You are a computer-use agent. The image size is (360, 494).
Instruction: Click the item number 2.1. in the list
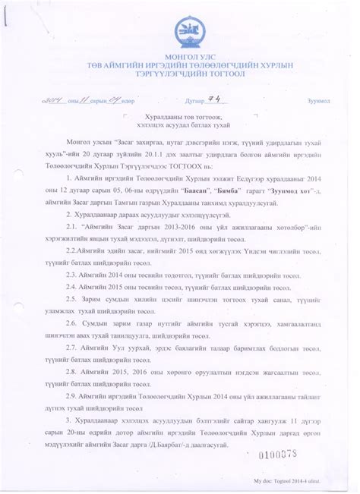tap(72, 226)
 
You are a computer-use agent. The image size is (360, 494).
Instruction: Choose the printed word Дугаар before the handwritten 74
tap(196, 101)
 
